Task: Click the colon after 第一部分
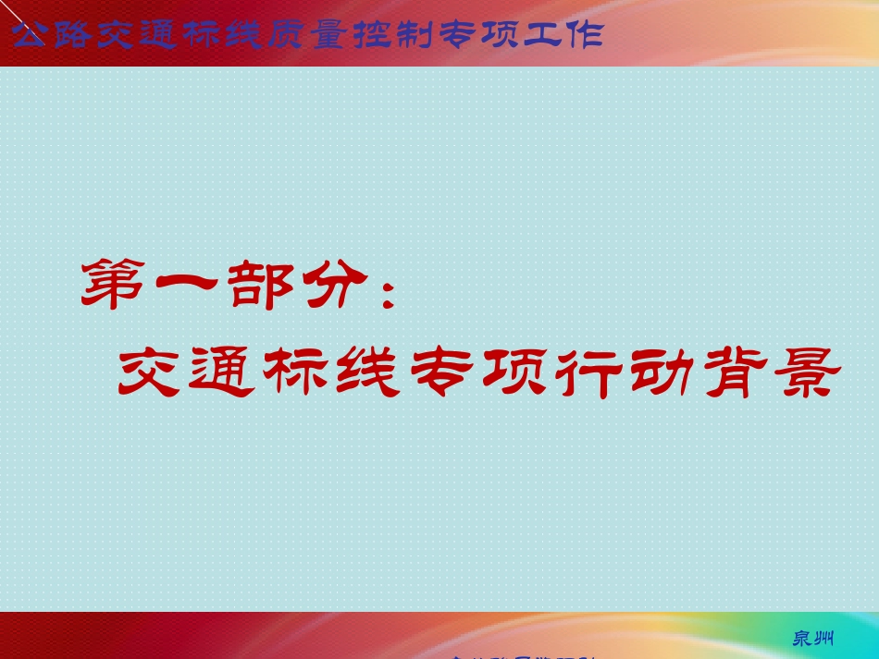tap(388, 288)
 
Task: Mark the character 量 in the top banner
tap(328, 35)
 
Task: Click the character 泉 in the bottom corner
tap(803, 639)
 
